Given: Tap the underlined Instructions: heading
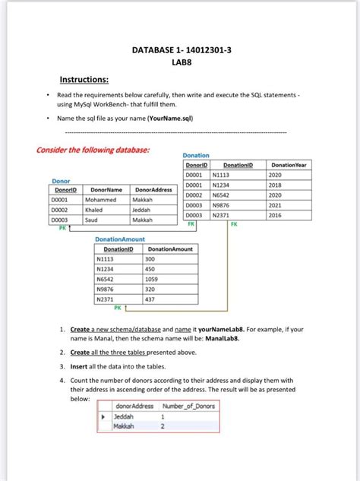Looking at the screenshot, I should tap(84, 80).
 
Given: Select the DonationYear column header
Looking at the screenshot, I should tap(289, 164).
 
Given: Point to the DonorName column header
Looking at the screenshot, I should tap(106, 189).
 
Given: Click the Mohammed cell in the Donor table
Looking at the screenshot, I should tap(100, 199).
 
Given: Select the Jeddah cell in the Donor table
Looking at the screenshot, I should tap(143, 210).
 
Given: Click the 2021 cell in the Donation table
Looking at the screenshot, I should tap(275, 205).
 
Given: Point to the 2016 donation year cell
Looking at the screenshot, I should tap(275, 216).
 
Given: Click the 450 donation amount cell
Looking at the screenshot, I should tap(150, 269).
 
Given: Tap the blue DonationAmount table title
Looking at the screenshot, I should tap(119, 239).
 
